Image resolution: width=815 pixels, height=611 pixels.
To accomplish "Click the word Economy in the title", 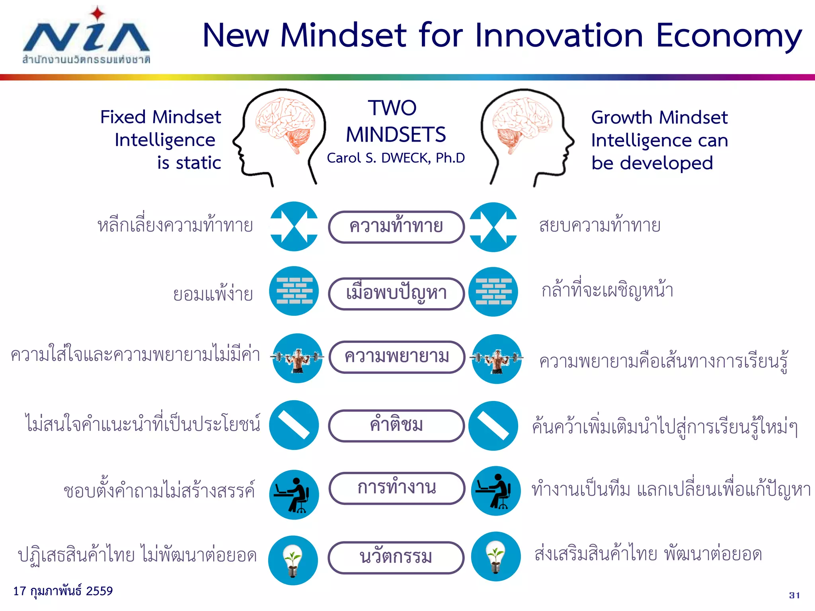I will point(728,36).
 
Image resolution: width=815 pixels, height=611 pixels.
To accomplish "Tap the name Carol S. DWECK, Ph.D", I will point(396,158).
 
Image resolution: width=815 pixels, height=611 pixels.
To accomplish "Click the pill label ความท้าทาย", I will point(396,227).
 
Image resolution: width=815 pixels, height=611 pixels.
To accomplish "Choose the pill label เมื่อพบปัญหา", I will point(396,294).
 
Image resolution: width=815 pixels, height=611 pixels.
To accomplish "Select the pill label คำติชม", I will point(396,425).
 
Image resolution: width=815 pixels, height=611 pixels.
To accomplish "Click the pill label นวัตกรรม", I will point(396,557).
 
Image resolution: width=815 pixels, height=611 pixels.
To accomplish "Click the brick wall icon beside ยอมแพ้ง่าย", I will point(294,291).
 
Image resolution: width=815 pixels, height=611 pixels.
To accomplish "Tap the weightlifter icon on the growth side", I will point(497,359).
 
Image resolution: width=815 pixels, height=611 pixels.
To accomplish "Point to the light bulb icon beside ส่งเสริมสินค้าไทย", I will point(496,557).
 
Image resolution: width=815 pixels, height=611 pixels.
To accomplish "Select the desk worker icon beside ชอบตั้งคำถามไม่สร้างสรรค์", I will point(294,495).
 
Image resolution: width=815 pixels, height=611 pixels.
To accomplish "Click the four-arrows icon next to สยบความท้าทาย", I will point(493,227).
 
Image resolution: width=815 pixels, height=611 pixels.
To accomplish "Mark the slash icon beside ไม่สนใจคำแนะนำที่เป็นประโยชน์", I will point(294,425).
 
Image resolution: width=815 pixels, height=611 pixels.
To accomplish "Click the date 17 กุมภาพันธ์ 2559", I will point(63,591).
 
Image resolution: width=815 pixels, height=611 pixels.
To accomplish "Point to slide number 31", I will point(794,595).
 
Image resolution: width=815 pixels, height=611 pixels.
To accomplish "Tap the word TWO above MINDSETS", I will point(392,108).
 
